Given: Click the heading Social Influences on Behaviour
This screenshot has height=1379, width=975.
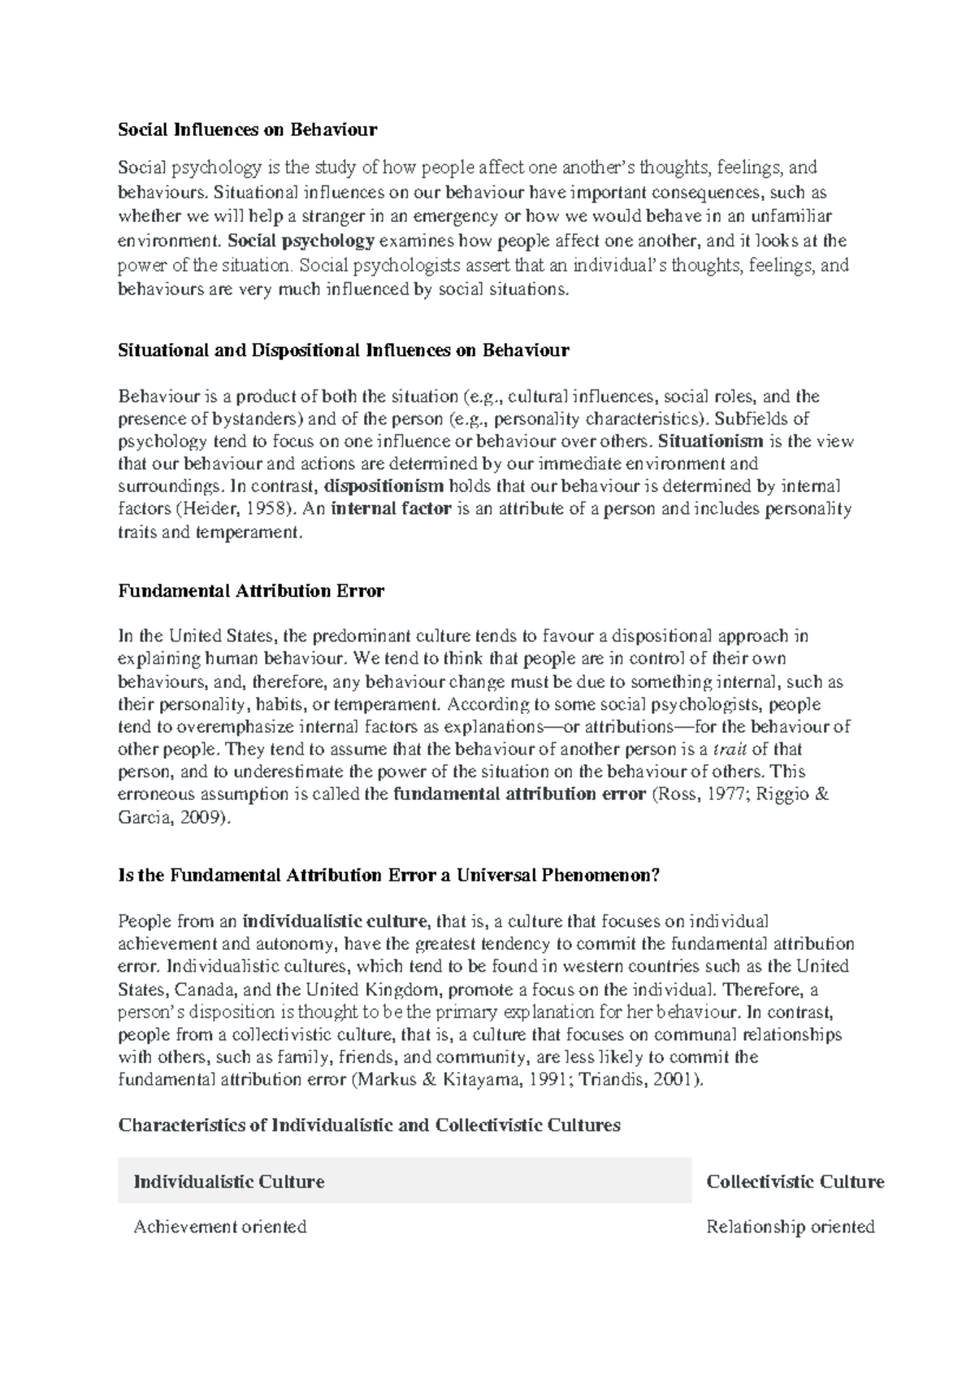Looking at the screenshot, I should (x=248, y=129).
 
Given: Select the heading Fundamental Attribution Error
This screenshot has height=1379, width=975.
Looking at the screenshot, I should (x=251, y=591).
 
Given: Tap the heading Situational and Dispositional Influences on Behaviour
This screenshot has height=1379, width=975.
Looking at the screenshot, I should (x=344, y=350).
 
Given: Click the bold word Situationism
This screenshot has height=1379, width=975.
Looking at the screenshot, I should (x=710, y=442).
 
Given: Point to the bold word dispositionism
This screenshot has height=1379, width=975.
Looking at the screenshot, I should (x=383, y=486).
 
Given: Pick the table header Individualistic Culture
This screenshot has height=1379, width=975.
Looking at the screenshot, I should (x=229, y=1181).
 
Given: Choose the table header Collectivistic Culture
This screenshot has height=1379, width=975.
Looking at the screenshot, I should (x=795, y=1181).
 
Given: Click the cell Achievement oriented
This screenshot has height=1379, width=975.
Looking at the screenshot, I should (x=220, y=1226).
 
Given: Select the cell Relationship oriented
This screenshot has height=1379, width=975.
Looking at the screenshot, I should (x=790, y=1226).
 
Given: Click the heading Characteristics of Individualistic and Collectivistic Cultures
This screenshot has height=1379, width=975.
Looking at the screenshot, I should (x=369, y=1125).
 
